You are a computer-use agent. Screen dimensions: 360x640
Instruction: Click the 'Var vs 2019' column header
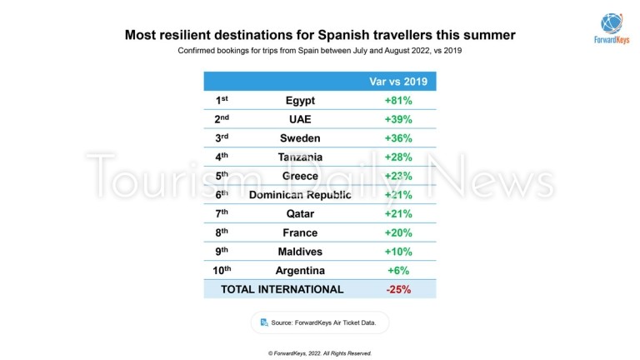398,81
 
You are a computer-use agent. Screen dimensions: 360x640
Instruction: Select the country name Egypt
299,100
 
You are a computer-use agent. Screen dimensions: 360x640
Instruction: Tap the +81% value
398,100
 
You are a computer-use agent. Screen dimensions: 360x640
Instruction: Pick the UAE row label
299,119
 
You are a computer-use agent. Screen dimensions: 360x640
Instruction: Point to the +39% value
398,119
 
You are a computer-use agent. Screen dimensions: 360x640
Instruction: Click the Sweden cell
299,137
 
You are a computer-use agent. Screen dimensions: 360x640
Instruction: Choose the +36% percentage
398,137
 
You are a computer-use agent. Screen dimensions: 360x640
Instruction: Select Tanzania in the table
299,157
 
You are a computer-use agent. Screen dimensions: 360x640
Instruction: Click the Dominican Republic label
299,195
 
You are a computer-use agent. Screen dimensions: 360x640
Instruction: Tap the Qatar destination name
299,213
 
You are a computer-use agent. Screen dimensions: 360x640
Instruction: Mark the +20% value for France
398,232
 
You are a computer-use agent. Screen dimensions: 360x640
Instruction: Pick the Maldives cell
299,252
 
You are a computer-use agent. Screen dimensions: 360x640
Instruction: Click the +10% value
398,252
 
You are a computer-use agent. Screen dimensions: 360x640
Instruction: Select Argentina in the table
299,271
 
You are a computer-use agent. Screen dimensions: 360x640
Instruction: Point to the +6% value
398,271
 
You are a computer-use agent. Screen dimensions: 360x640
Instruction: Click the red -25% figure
398,289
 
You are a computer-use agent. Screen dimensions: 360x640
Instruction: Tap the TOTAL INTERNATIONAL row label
282,289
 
